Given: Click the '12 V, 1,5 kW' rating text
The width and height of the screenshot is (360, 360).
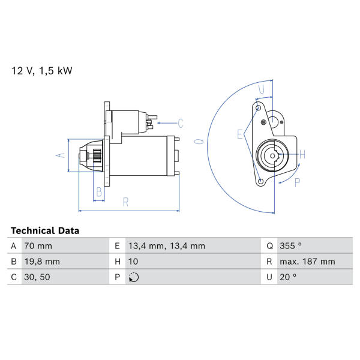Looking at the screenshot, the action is click(42, 71).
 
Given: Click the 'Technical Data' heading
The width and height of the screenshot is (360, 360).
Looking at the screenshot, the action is click(45, 230).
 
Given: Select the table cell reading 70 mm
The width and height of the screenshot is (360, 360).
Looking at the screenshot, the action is click(38, 246).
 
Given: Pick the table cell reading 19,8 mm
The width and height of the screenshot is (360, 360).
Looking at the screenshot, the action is click(42, 262).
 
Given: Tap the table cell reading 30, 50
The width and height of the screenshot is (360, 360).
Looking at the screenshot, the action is click(37, 277).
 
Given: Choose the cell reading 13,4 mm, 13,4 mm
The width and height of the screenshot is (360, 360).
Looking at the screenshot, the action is click(166, 246).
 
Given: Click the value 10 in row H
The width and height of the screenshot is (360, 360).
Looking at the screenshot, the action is click(133, 262).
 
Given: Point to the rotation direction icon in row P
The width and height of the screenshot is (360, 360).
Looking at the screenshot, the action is click(134, 277).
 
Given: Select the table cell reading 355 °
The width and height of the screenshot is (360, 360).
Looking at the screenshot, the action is click(290, 246).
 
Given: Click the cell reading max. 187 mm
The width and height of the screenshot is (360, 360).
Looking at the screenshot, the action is click(307, 262).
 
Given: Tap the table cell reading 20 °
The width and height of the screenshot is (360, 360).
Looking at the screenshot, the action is click(288, 277).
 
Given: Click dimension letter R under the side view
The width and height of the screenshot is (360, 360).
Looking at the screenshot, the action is click(125, 202).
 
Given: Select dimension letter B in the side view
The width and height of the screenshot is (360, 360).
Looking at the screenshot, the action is click(99, 192).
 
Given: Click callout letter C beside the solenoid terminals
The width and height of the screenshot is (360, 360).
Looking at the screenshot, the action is click(181, 123).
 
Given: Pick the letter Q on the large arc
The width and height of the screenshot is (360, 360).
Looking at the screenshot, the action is click(199, 141).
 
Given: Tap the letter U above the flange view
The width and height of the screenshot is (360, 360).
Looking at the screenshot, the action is click(262, 89).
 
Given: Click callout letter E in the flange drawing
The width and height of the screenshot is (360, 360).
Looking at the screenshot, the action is click(240, 134).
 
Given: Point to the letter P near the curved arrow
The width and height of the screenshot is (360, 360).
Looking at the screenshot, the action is click(298, 182).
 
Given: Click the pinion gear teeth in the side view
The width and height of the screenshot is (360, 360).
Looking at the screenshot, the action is click(97, 156).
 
